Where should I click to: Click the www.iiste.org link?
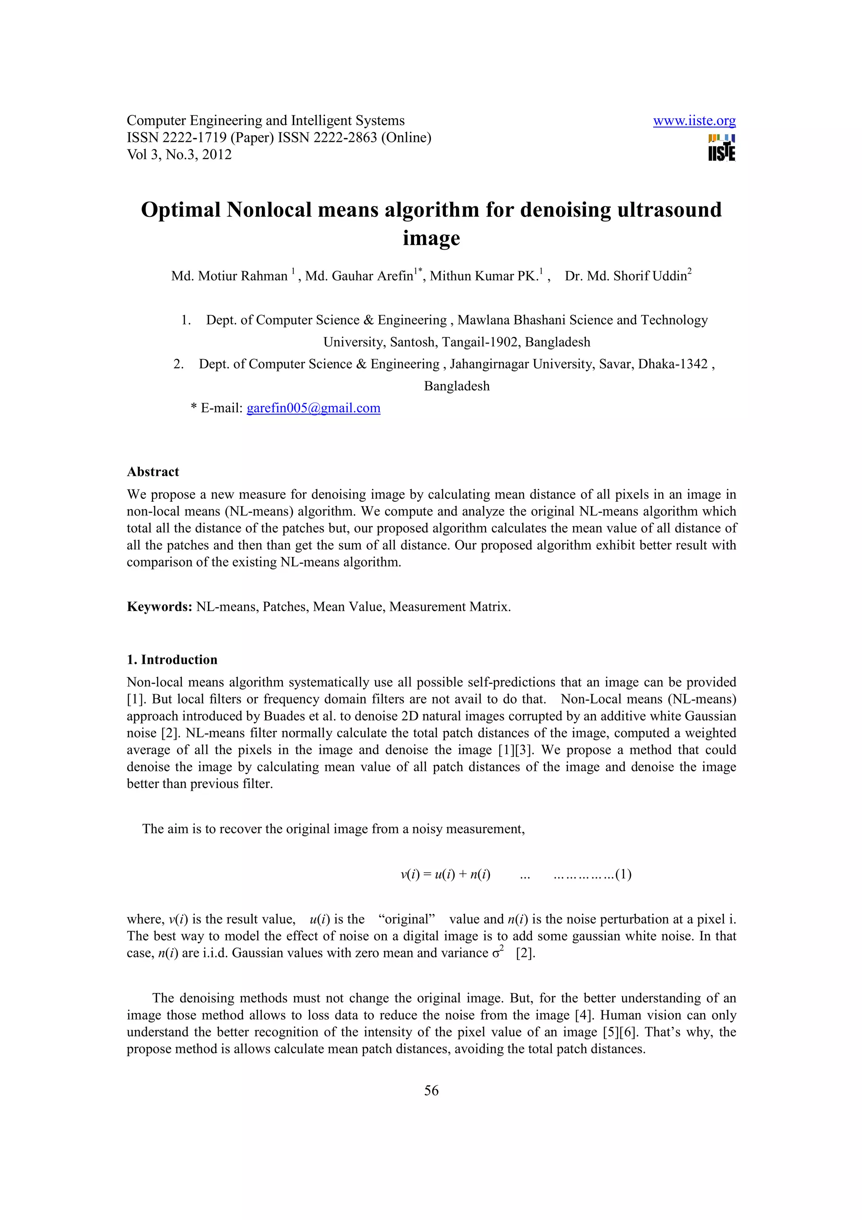coord(694,121)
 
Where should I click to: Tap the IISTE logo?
coord(721,148)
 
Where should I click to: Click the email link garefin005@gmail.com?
coord(313,408)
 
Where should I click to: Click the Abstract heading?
coord(153,472)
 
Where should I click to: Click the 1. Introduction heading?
coord(172,660)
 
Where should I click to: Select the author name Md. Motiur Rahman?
coord(229,276)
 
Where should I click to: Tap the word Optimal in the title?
coord(181,210)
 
